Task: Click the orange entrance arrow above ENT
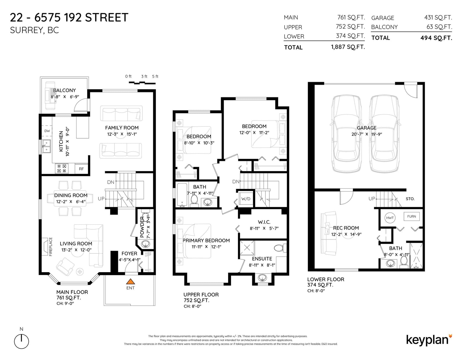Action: point(130,281)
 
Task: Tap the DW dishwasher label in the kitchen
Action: point(47,131)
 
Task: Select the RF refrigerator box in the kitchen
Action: point(81,169)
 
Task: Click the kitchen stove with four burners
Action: point(62,169)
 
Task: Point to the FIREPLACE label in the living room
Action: point(51,246)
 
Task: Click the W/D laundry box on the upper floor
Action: point(246,199)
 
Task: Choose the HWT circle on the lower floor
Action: point(390,218)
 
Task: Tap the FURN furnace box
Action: point(411,217)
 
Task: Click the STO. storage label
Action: point(410,199)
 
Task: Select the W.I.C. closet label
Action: point(264,222)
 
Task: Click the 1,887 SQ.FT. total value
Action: point(348,47)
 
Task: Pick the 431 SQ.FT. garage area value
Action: point(438,17)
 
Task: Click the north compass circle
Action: point(22,341)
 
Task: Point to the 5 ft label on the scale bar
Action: point(155,76)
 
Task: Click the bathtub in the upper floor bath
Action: point(182,195)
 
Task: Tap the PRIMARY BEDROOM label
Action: point(206,240)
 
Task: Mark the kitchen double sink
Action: point(46,146)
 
